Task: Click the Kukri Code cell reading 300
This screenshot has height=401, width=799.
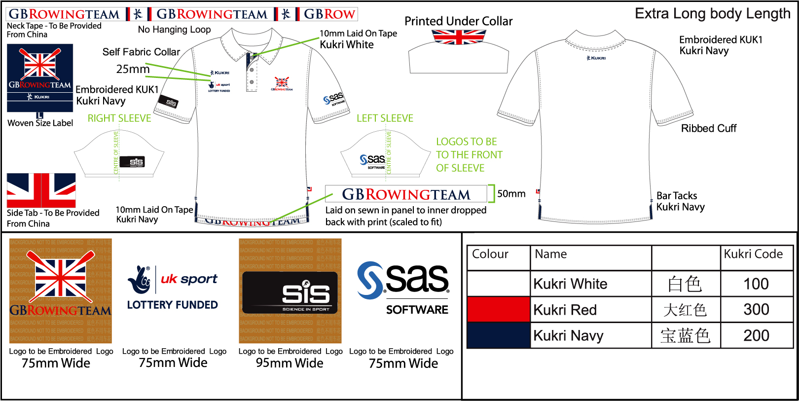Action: tap(756, 310)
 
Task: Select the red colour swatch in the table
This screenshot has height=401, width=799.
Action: tap(498, 310)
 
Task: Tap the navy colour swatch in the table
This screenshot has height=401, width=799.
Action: tap(498, 335)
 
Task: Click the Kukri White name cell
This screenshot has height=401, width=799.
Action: tap(571, 284)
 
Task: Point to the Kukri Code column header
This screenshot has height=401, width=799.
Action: tap(753, 254)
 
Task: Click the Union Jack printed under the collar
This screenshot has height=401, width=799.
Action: tap(459, 37)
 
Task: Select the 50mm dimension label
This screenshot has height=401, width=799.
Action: tap(511, 194)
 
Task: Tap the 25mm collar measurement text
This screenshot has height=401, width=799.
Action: tap(133, 69)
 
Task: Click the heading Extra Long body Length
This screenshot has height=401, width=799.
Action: tap(712, 14)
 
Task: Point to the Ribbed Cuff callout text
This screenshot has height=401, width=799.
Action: tap(708, 129)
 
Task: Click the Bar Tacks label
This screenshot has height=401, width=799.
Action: tap(677, 196)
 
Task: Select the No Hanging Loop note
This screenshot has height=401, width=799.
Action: tap(174, 30)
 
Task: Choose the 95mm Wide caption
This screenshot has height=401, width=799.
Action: tap(290, 364)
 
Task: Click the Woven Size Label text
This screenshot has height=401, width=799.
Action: tap(40, 123)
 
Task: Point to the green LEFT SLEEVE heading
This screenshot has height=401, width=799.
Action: tap(385, 118)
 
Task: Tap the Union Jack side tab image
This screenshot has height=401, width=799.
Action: tap(41, 190)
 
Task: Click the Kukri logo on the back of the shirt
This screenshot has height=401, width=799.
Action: tap(596, 58)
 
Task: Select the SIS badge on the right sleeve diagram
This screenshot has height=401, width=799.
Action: tap(132, 162)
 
